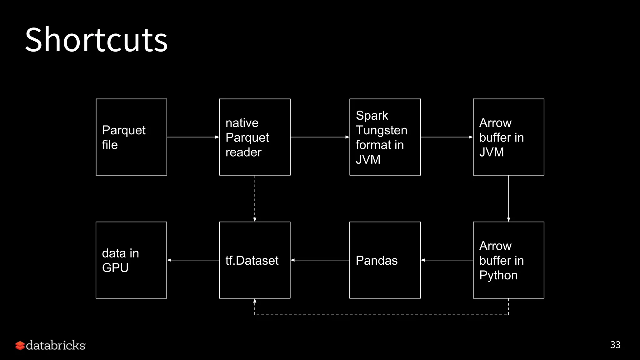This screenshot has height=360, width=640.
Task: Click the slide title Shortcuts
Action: pyautogui.click(x=96, y=40)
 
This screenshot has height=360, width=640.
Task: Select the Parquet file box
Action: pyautogui.click(x=131, y=137)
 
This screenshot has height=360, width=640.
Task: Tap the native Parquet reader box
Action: pyautogui.click(x=255, y=137)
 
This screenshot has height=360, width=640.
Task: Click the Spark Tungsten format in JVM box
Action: pyautogui.click(x=385, y=137)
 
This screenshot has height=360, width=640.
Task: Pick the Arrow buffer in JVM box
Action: pyautogui.click(x=508, y=137)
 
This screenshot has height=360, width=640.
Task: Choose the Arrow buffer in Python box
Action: pyautogui.click(x=508, y=260)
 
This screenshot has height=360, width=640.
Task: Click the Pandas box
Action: pyautogui.click(x=385, y=260)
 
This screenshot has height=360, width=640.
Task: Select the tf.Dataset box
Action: pyautogui.click(x=255, y=260)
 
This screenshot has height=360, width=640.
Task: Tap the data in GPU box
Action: pyautogui.click(x=131, y=260)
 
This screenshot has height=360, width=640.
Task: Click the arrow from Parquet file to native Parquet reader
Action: pyautogui.click(x=193, y=137)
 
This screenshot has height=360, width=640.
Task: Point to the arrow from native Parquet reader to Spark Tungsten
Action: pyautogui.click(x=320, y=137)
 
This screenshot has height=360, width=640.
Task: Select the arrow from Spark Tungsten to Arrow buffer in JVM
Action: pyautogui.click(x=447, y=137)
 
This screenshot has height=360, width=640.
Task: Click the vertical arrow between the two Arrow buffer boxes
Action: pyautogui.click(x=508, y=198)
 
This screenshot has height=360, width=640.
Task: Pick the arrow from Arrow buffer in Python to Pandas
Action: pyautogui.click(x=447, y=260)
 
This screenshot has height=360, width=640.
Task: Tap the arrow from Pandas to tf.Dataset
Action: pyautogui.click(x=320, y=260)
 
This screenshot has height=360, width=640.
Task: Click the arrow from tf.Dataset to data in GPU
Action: pyautogui.click(x=193, y=260)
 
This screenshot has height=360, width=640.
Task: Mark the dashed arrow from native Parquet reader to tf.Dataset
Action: pyautogui.click(x=255, y=198)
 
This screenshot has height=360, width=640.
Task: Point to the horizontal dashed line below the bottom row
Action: pyautogui.click(x=381, y=315)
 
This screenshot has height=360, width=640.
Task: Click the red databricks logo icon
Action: pyautogui.click(x=20, y=345)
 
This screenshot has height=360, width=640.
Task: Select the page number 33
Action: pyautogui.click(x=615, y=345)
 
